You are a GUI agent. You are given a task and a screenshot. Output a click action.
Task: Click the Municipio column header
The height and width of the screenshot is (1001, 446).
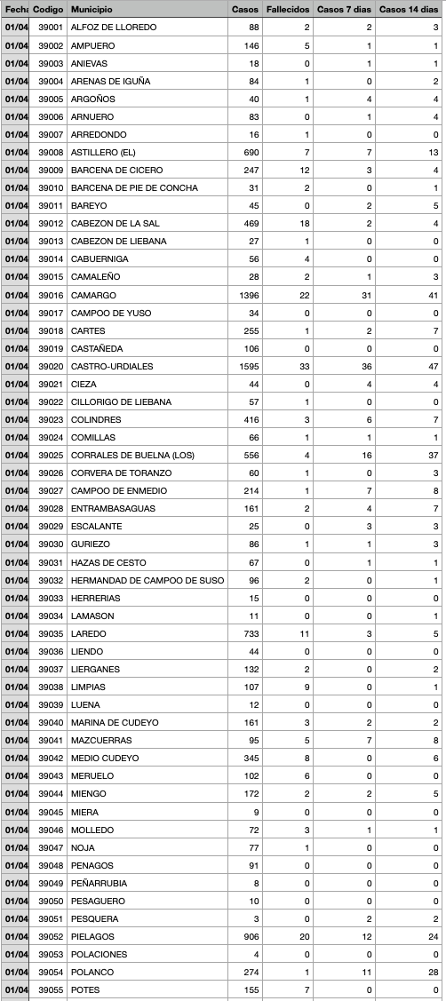tap(93, 9)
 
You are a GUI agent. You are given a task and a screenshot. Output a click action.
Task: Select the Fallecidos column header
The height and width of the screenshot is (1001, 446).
tap(287, 9)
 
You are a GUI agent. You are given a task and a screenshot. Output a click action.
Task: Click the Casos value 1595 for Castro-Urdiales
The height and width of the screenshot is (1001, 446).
tap(244, 366)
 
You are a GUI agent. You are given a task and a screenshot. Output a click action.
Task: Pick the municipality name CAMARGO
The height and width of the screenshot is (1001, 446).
tap(93, 295)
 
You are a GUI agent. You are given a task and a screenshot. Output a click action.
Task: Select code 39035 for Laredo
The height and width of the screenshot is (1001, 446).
tap(50, 633)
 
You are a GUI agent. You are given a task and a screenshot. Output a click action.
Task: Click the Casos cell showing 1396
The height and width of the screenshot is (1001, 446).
tap(244, 295)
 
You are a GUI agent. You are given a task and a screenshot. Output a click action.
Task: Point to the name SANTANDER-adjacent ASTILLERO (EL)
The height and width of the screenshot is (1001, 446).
tap(103, 152)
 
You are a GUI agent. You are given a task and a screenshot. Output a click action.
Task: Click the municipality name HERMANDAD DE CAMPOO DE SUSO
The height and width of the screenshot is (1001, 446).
tap(147, 580)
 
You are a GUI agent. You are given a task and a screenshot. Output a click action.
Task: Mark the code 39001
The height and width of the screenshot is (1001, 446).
tap(50, 28)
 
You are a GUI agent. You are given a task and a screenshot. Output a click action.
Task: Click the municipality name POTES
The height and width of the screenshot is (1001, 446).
tap(87, 989)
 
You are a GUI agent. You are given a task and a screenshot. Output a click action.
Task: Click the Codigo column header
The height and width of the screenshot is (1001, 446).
tap(48, 9)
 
